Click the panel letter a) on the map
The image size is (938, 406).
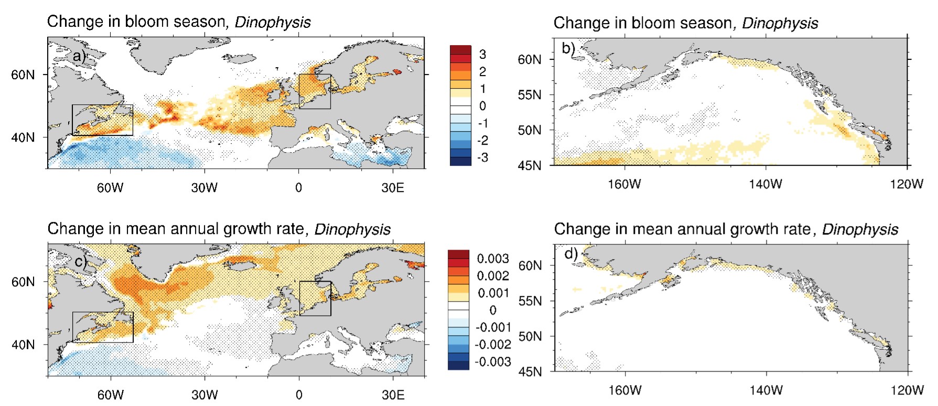(79, 56)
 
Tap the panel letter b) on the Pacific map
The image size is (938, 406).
(568, 49)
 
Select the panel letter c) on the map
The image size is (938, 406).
(80, 261)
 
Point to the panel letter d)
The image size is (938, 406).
(571, 254)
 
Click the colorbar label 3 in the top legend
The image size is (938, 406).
(482, 54)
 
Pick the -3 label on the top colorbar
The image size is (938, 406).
(482, 157)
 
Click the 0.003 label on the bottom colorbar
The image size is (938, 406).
(492, 259)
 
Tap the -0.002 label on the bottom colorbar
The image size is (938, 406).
(492, 345)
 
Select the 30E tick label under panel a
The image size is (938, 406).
(393, 188)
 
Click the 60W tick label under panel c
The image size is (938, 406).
(111, 395)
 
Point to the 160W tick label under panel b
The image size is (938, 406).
(625, 184)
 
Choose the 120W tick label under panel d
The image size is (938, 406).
(907, 390)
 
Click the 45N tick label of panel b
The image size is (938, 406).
(530, 166)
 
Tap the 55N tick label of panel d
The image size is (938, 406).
(531, 301)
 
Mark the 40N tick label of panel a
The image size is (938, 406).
(23, 137)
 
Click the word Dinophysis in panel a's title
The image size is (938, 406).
(273, 22)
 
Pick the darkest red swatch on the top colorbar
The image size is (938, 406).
(460, 50)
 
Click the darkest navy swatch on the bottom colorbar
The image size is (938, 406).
(459, 366)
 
